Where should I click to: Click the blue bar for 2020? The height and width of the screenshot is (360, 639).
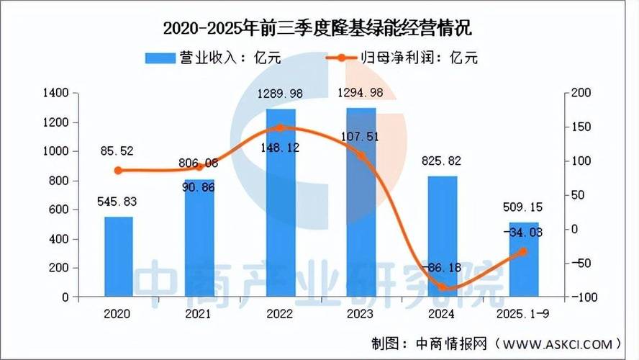(118, 256)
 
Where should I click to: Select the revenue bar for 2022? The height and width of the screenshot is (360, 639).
(281, 202)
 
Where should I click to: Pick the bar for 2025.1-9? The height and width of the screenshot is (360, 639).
(524, 260)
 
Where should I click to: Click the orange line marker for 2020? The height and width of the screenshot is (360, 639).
(118, 171)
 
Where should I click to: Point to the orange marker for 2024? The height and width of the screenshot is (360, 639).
(443, 287)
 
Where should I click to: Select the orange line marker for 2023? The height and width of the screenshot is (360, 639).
(362, 156)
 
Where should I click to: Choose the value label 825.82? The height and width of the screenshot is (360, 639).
(443, 161)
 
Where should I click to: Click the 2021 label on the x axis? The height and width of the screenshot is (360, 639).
(199, 315)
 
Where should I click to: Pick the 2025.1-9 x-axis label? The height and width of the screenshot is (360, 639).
(523, 315)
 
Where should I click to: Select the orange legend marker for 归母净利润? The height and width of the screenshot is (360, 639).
(346, 58)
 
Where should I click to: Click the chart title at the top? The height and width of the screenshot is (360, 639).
(319, 30)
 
